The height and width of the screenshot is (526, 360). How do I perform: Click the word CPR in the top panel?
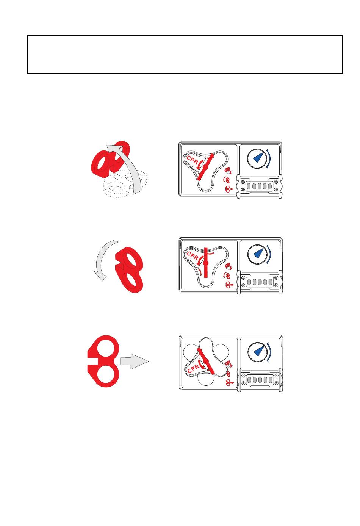click(x=193, y=160)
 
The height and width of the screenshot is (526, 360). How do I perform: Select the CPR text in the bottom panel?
click(x=193, y=369)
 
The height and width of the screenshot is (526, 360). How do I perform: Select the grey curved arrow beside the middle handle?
click(x=103, y=260)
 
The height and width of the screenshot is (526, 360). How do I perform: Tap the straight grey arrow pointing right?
click(x=134, y=362)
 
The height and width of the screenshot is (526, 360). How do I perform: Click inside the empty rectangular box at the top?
click(x=185, y=54)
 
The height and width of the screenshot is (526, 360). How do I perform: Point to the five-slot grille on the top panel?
click(x=259, y=186)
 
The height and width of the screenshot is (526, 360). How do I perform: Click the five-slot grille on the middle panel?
click(x=260, y=282)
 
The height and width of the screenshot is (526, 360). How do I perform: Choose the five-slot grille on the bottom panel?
click(x=260, y=379)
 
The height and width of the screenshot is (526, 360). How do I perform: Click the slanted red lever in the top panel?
click(x=206, y=167)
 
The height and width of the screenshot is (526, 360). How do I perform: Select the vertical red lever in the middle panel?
click(x=206, y=263)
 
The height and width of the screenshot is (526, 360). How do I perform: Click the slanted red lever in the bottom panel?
click(x=206, y=361)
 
